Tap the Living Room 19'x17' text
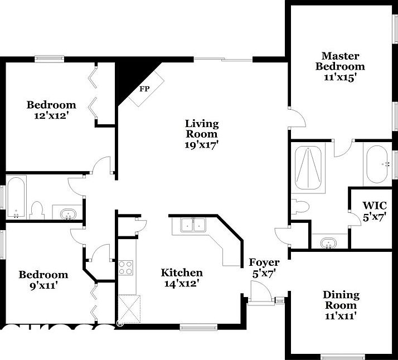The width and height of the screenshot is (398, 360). click(202, 134)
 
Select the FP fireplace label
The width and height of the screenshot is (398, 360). click(144, 89)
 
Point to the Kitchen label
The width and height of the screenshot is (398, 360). click(182, 273)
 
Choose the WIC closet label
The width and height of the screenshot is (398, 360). click(374, 205)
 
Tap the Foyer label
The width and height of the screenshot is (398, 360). click(264, 262)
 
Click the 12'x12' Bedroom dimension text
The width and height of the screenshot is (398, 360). click(51, 115)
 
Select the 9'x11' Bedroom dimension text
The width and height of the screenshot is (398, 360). click(43, 285)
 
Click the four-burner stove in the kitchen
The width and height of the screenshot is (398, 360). click(125, 267)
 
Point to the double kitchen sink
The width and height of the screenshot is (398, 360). click(192, 226)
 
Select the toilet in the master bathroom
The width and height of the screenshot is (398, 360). click(300, 206)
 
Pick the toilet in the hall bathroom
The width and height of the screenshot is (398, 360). click(37, 210)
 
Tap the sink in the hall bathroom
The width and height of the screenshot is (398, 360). click(68, 213)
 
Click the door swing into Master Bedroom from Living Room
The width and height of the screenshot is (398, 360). click(298, 117)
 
